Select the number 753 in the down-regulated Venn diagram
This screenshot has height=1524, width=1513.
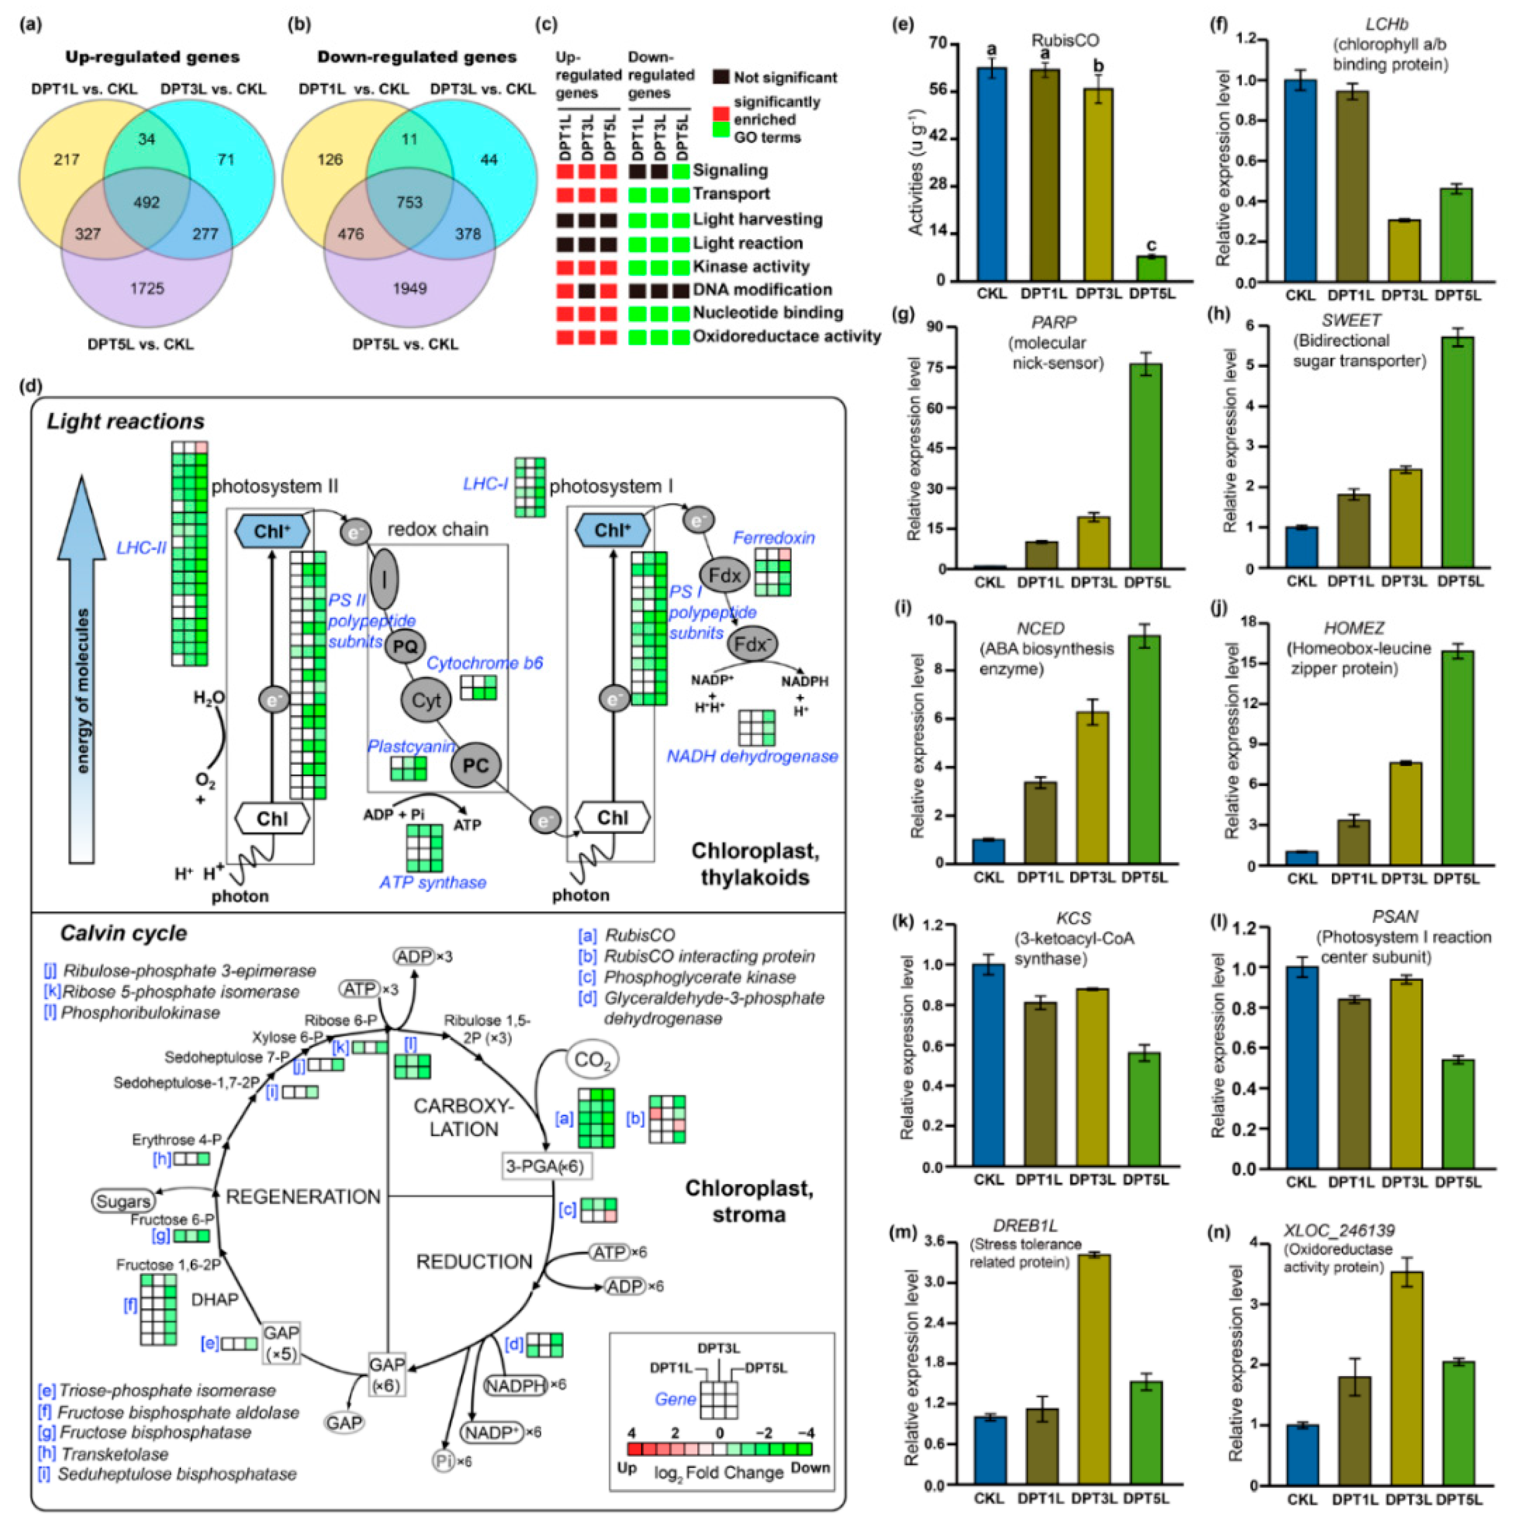[409, 203]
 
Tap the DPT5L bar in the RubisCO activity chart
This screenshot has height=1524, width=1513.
[1151, 268]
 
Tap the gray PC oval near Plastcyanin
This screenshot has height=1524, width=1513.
[475, 765]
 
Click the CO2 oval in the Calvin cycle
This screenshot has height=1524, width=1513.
[591, 1059]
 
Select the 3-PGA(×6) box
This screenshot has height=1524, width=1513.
[545, 1166]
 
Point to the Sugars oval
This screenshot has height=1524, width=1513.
[122, 1201]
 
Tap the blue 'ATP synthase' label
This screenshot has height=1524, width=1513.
[433, 883]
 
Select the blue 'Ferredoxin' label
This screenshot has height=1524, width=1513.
[774, 538]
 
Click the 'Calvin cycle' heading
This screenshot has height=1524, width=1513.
[124, 933]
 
